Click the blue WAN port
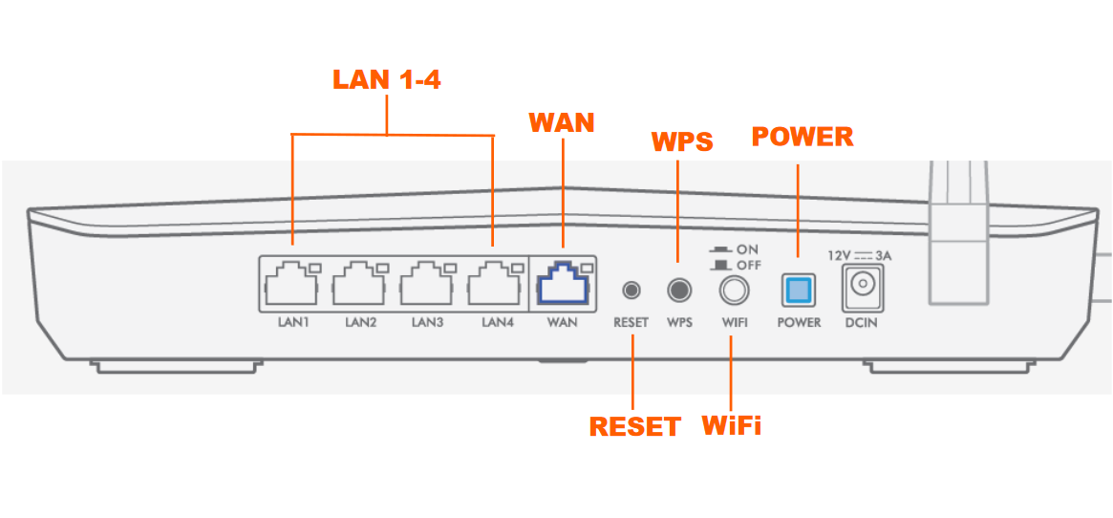563,284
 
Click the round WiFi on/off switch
734,288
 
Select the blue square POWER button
798,288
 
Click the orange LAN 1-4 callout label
387,80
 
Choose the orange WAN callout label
562,122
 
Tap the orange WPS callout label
682,141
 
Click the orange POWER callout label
803,137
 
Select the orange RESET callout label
634,426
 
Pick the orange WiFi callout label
732,424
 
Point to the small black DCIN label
860,323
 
